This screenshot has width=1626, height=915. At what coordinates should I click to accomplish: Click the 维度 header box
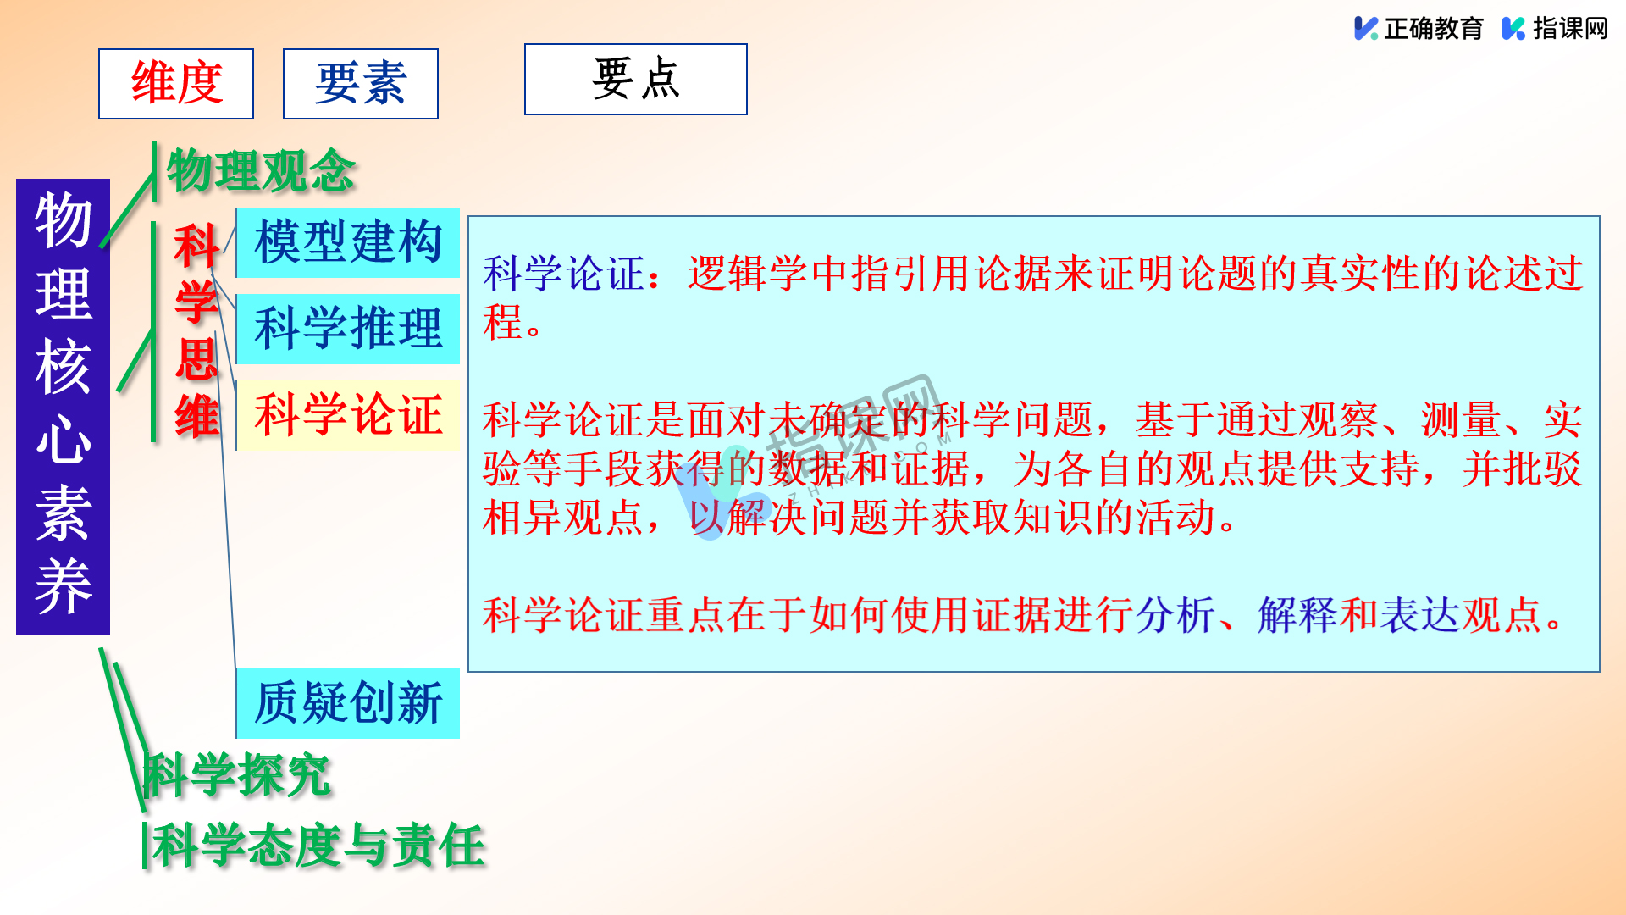pos(176,84)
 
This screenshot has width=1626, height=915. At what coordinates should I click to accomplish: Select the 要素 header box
pos(361,84)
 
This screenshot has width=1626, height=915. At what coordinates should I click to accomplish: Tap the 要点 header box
pos(636,79)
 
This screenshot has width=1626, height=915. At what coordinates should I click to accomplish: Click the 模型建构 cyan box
pos(348,242)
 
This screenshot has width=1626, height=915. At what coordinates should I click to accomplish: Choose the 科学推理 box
pos(348,329)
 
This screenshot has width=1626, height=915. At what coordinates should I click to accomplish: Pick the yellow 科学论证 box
pos(348,415)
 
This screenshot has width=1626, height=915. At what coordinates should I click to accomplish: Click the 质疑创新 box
pos(348,703)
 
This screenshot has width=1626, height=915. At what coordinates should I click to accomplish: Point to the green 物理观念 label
pos(261,170)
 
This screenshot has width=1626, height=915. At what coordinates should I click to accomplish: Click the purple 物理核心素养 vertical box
pos(64,407)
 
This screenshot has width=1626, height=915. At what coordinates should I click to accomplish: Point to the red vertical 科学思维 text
pos(196,331)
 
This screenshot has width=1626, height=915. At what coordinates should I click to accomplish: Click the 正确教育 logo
pos(1419,28)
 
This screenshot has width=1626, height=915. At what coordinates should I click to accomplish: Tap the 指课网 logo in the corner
pos(1555,28)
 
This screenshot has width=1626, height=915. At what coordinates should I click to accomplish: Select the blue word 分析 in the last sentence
pos(1176,615)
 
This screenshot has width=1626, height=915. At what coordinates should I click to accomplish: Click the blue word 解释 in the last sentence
pos(1298,615)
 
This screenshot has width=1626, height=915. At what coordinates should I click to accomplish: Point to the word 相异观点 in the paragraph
pos(564,518)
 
